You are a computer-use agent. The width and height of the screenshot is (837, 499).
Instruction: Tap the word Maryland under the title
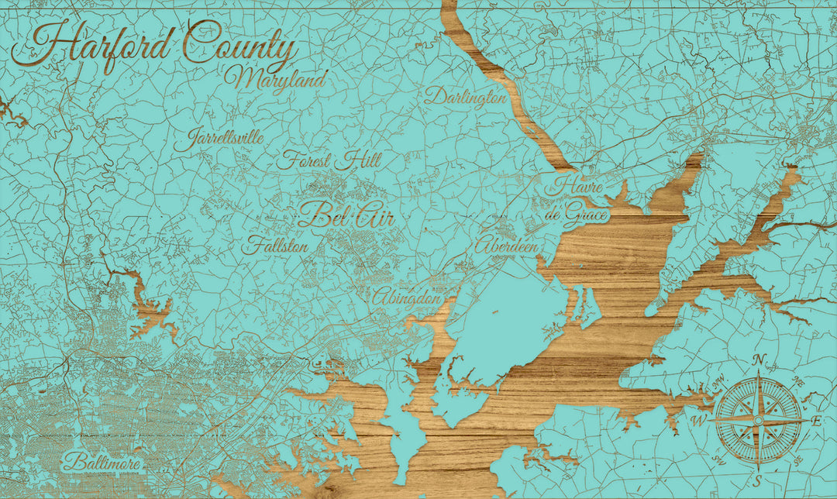click(x=277, y=79)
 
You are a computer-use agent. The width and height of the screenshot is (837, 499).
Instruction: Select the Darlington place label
click(x=465, y=97)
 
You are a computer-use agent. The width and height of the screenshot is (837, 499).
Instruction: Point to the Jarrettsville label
click(x=219, y=140)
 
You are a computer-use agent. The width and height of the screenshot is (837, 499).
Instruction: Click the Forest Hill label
click(x=329, y=161)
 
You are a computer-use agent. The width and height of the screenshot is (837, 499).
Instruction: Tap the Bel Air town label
click(x=346, y=215)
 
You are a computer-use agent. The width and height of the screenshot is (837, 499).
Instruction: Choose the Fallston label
click(x=275, y=246)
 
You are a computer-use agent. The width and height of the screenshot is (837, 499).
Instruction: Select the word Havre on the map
click(x=573, y=186)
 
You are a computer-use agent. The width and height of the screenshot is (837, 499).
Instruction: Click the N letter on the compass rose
click(x=759, y=359)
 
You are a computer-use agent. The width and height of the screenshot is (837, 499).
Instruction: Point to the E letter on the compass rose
click(x=816, y=421)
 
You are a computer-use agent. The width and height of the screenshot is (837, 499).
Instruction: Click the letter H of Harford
click(x=39, y=45)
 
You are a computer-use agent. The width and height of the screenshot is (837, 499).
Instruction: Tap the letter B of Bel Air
click(x=312, y=215)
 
